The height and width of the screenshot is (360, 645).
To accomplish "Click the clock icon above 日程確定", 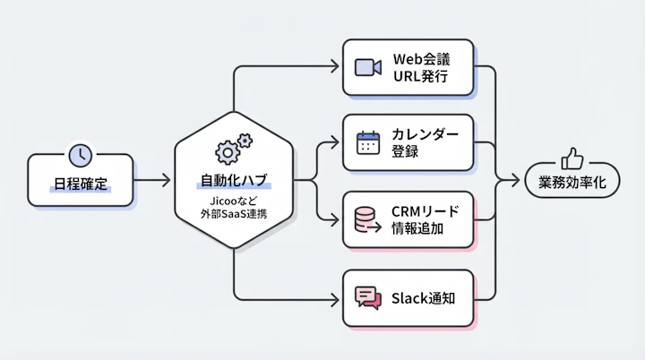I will coord(81,154).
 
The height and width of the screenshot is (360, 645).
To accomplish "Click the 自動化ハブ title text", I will coord(234,181).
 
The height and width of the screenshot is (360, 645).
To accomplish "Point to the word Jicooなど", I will coord(234,201).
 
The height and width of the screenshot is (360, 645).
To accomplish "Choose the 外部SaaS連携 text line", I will coord(234,216).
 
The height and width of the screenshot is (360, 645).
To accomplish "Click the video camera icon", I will coord(368,67).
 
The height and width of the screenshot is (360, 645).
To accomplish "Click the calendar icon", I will coord(368,143).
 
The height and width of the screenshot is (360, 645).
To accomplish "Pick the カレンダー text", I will coord(426,134).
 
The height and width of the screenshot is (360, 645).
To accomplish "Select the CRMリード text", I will coord(426,210).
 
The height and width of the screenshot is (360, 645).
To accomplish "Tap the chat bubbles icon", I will coord(368,297).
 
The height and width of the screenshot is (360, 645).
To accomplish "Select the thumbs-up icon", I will coord(572,159).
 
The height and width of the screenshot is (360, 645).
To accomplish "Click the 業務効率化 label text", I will coord(572,182).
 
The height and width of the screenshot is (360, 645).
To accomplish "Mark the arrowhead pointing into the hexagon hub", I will coord(165,181).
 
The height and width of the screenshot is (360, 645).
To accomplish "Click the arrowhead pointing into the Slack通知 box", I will coord(337,297).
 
